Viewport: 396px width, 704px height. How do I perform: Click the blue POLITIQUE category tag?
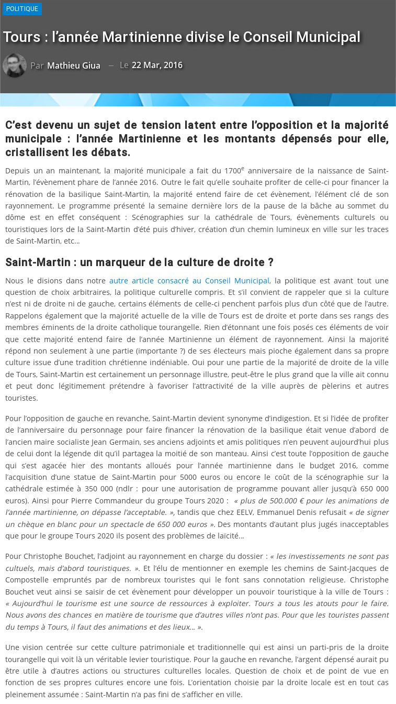coord(22,9)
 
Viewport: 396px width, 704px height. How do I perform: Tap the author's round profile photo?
coord(14,65)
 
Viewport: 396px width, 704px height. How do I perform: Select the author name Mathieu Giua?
coord(74,65)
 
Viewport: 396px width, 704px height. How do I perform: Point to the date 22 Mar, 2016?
coord(157,65)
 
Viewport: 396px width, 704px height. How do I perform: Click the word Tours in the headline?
coord(21,37)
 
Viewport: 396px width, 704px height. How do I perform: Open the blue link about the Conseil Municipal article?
coord(189,281)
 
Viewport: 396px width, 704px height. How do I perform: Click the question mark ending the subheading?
coord(270,262)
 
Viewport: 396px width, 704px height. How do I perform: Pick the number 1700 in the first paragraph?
coord(232,171)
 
